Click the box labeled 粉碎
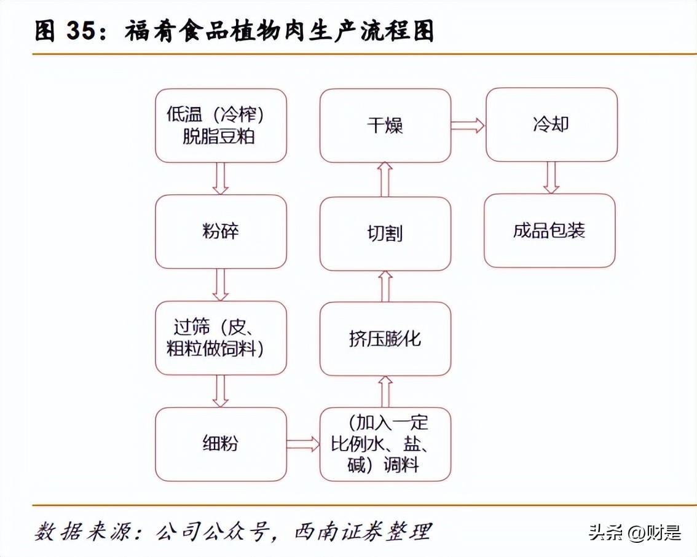(221, 232)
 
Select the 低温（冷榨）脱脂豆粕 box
(221, 125)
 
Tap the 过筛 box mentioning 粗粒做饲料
(221, 338)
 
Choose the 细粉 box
(221, 444)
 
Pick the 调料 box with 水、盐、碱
(385, 444)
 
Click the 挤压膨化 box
(385, 339)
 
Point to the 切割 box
(385, 234)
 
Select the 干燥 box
(385, 125)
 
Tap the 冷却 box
(551, 125)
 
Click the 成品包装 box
(549, 231)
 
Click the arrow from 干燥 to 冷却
(468, 125)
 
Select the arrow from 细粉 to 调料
(303, 444)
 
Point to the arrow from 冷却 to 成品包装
(551, 178)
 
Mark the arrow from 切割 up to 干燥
(385, 180)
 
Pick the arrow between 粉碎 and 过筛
(221, 285)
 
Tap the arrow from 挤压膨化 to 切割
(385, 286)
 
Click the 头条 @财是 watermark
(634, 532)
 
